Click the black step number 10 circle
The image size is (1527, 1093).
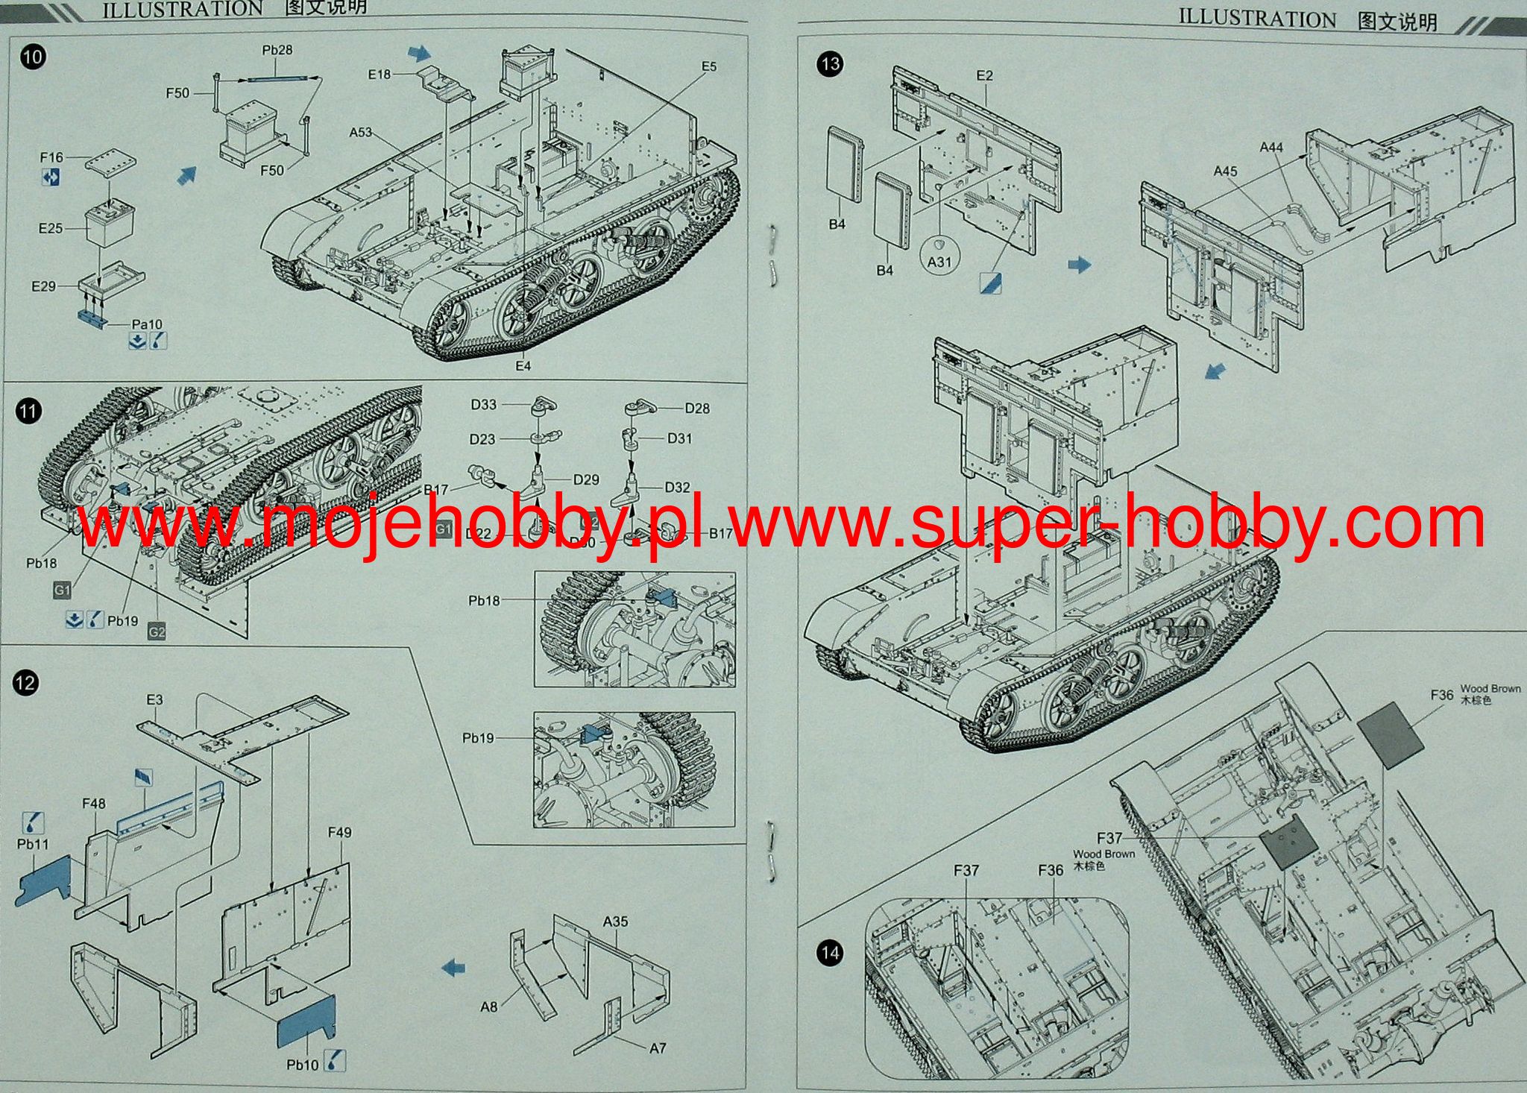point(34,57)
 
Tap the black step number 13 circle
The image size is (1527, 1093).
point(829,64)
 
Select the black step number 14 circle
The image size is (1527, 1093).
point(829,953)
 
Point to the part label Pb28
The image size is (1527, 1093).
point(277,50)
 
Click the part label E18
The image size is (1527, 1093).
point(379,74)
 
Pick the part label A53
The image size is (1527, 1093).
point(360,132)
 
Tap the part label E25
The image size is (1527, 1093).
point(51,228)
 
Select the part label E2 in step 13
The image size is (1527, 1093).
point(984,75)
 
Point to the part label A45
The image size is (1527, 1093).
point(1225,171)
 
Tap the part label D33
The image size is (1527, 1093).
point(483,405)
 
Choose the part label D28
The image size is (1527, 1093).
point(697,409)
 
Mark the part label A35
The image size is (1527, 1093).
point(615,922)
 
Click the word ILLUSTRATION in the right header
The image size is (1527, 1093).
point(1257,19)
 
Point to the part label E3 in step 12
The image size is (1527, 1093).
point(154,700)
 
